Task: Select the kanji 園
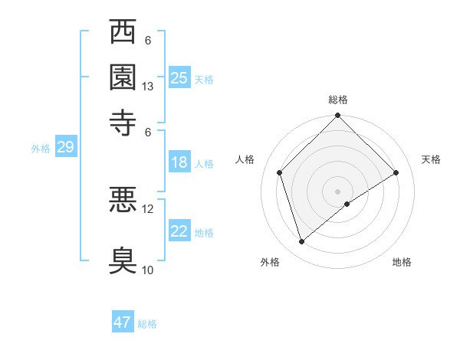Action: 123,77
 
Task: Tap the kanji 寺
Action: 123,121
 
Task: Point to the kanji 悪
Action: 123,201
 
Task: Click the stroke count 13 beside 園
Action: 148,87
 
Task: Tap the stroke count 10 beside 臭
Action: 148,270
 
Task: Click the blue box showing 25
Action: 179,78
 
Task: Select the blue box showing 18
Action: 179,162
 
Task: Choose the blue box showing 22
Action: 179,231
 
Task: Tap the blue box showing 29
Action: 65,148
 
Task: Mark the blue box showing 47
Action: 123,322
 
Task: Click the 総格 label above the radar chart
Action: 338,100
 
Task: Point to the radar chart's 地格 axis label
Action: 402,262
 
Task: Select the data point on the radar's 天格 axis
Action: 396,172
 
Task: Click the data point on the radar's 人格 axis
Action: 280,172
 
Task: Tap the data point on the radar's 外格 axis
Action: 301,242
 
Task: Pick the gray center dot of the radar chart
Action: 338,191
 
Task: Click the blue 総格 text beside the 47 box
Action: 147,324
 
